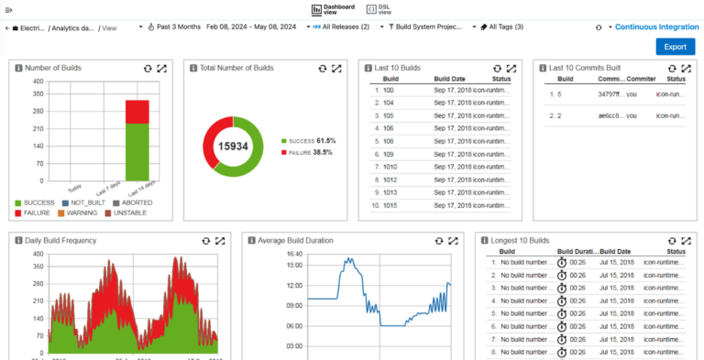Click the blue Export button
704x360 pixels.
coord(675,47)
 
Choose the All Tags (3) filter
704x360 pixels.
coord(503,27)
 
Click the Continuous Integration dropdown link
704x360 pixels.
coord(656,27)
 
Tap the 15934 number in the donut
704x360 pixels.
coord(233,147)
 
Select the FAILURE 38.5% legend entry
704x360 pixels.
coord(310,152)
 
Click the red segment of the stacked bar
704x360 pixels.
coord(137,112)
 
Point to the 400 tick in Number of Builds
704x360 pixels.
coord(38,82)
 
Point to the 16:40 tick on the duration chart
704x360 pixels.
coord(294,254)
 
